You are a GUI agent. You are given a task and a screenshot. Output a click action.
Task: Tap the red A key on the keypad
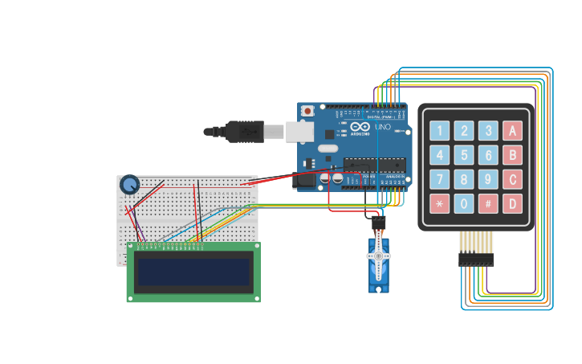pos(512,131)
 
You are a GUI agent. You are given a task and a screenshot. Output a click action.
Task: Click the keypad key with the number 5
pos(464,155)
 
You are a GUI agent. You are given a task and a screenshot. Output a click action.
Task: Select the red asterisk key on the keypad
pos(439,203)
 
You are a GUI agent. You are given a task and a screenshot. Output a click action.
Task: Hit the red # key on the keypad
pos(488,203)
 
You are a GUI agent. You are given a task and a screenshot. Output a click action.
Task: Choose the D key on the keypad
pos(512,203)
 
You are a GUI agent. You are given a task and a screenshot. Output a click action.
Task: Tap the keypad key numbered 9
pos(488,179)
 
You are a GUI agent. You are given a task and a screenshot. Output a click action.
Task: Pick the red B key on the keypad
pos(512,155)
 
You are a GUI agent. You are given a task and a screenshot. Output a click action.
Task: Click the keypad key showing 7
pos(439,179)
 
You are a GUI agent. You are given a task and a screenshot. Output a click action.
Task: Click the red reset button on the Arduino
pos(307,111)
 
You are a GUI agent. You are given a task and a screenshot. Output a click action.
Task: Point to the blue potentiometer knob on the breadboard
pos(129,186)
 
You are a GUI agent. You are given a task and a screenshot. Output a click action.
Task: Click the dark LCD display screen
pos(193,273)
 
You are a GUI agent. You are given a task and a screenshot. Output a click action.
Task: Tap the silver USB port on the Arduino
pos(299,131)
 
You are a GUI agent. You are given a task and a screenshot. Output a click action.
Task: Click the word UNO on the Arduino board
pos(383,127)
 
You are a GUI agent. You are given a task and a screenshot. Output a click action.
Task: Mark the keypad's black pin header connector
pos(475,260)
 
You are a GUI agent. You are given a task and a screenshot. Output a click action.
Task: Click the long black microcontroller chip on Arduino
pos(374,165)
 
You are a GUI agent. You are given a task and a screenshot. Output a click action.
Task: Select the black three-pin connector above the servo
pos(377,223)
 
